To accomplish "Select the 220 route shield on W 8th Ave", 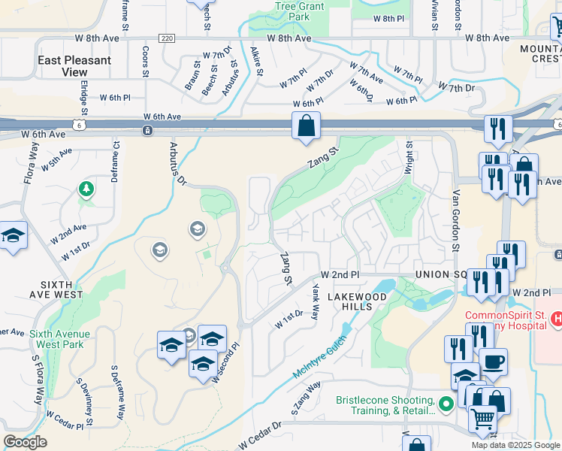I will (x=167, y=38).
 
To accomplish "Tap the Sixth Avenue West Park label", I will (x=60, y=339).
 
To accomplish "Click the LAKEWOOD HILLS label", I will (x=357, y=301).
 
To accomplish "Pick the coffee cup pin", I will (x=493, y=362).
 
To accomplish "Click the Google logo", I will (x=25, y=442).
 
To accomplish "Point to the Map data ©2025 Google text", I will (x=515, y=445).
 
